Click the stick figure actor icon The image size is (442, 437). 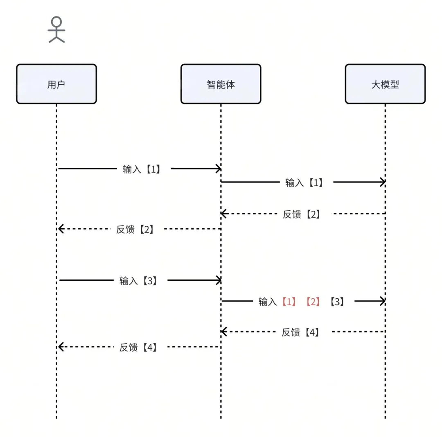pyautogui.click(x=56, y=30)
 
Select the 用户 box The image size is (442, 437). pyautogui.click(x=56, y=84)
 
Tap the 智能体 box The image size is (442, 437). pyautogui.click(x=221, y=84)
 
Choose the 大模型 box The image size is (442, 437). pyautogui.click(x=385, y=84)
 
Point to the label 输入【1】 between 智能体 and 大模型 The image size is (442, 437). pyautogui.click(x=304, y=182)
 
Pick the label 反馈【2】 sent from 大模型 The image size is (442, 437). pyautogui.click(x=302, y=214)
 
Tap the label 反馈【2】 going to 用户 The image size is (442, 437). pyautogui.click(x=135, y=229)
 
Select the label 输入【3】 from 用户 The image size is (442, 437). pyautogui.click(x=138, y=281)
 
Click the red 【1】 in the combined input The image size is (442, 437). pyautogui.click(x=289, y=302)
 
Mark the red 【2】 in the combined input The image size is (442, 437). pyautogui.click(x=313, y=302)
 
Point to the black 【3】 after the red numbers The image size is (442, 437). pyautogui.click(x=337, y=302)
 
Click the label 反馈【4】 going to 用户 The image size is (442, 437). pyautogui.click(x=138, y=347)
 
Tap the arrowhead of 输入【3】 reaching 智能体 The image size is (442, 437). pyautogui.click(x=219, y=280)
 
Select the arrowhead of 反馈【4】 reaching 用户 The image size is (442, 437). pyautogui.click(x=60, y=347)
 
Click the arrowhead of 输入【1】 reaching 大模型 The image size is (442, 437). pyautogui.click(x=383, y=182)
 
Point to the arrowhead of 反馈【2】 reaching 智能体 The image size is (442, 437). pyautogui.click(x=223, y=213)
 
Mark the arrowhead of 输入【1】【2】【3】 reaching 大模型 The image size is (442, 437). pyautogui.click(x=383, y=302)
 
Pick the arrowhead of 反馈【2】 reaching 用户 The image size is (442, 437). pyautogui.click(x=60, y=229)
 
